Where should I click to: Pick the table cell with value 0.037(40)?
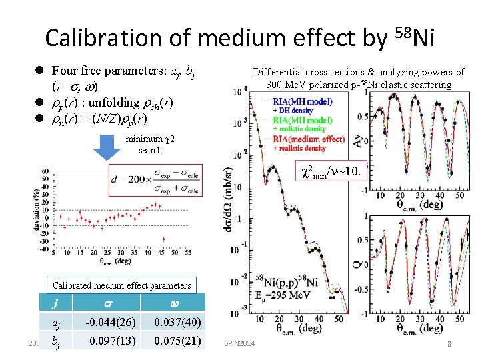click(177, 323)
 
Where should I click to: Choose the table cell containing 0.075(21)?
click(177, 341)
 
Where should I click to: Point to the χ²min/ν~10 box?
click(331, 173)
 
